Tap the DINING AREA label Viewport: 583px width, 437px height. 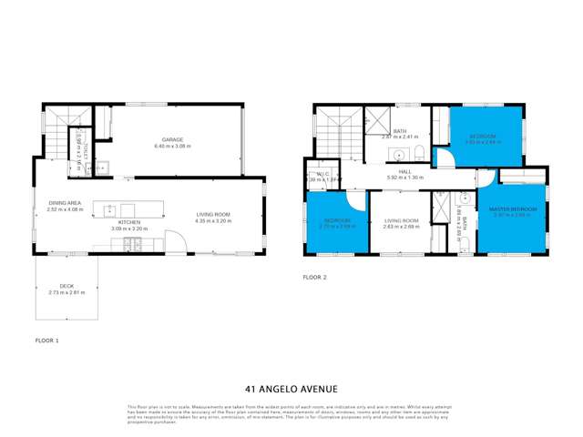coord(65,204)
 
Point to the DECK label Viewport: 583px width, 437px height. coord(66,286)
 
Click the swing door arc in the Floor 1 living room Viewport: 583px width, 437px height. coord(179,242)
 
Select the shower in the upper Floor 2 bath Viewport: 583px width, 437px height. coord(375,118)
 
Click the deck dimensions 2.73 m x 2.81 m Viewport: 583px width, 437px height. coord(66,292)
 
